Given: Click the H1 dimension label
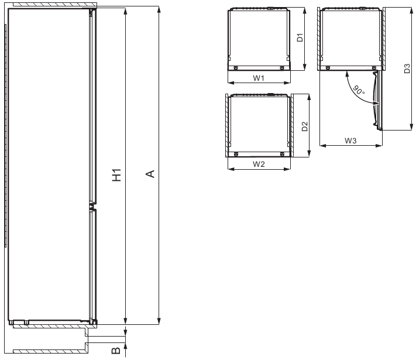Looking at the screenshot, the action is (116, 175).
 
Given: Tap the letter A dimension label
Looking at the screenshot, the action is (150, 174).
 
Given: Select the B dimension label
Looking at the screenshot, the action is (116, 351).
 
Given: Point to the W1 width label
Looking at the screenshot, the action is (259, 78).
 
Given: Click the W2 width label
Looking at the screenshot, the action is (259, 164).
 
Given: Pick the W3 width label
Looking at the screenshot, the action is (350, 140).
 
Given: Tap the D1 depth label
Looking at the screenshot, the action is (300, 37).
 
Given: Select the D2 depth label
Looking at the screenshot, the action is (305, 126).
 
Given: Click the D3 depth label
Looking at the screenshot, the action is (407, 68).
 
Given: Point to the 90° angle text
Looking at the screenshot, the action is (359, 90).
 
